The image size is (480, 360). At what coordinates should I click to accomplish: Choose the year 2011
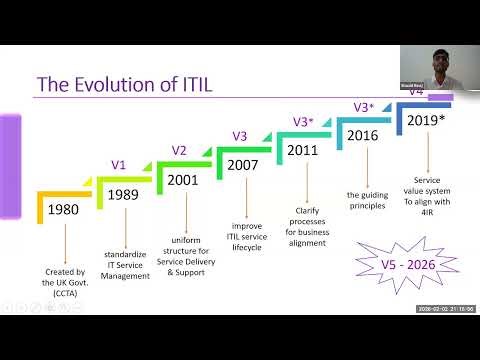click(x=303, y=150)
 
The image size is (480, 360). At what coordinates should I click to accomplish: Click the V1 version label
click(x=118, y=165)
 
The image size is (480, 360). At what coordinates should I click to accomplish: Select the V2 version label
click(x=179, y=150)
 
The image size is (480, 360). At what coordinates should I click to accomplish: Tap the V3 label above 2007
click(x=239, y=136)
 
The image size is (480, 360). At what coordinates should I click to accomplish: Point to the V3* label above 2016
click(x=364, y=107)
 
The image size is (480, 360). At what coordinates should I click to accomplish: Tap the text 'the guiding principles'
click(x=367, y=201)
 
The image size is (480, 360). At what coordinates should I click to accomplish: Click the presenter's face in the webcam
click(x=438, y=67)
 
